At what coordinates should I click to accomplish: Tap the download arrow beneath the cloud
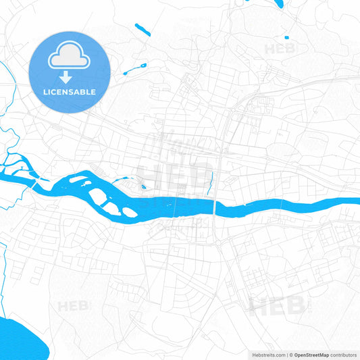70,78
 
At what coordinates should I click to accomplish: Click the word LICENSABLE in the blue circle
70,92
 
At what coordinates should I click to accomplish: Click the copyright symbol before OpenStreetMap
291,355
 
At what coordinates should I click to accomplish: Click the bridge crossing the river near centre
214,205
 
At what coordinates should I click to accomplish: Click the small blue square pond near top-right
286,37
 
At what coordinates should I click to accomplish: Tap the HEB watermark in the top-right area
280,49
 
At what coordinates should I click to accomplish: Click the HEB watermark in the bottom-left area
73,306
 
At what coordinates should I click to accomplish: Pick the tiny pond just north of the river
143,187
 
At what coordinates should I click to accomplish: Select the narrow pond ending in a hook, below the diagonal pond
135,68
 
